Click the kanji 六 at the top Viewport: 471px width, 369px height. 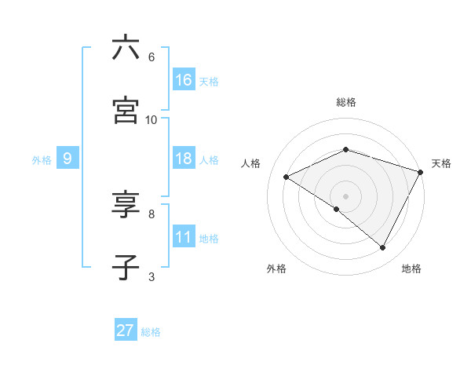(x=126, y=49)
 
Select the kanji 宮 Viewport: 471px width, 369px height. (x=126, y=111)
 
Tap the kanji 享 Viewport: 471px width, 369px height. (x=126, y=206)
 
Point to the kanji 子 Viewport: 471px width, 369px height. (x=126, y=268)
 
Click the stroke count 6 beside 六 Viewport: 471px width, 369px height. (x=151, y=57)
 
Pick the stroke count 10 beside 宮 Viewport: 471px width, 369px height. (x=151, y=119)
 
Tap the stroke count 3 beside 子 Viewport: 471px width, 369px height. (x=151, y=276)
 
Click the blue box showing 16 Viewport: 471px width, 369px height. (x=184, y=80)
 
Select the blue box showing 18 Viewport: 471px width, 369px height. (x=184, y=159)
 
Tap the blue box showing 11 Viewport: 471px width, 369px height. (x=184, y=237)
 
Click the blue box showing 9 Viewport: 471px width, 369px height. (x=68, y=159)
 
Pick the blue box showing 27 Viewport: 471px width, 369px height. (x=126, y=331)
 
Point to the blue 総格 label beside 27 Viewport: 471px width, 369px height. (x=151, y=332)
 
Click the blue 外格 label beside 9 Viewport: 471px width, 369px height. (x=42, y=160)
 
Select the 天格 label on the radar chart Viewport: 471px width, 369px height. (x=442, y=163)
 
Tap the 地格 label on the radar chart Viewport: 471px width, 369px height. (x=411, y=269)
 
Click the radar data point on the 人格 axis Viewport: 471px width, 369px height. (x=287, y=177)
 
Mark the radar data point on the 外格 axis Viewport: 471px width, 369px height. (x=337, y=209)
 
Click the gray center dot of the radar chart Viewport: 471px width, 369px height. (x=345, y=195)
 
